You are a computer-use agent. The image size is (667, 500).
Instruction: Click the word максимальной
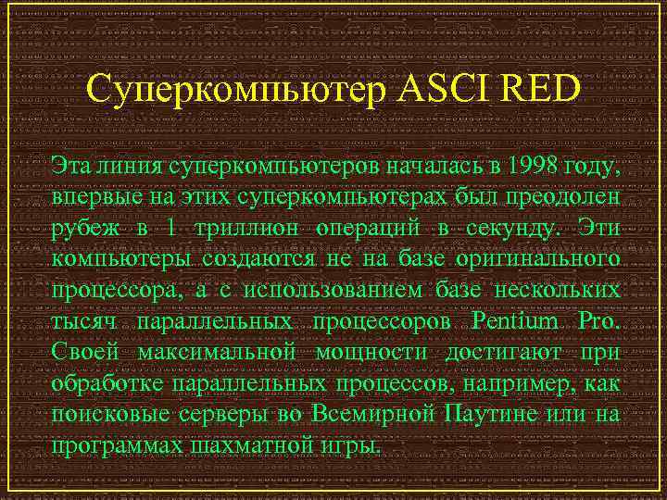click(216, 353)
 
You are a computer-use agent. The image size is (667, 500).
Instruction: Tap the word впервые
click(94, 198)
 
